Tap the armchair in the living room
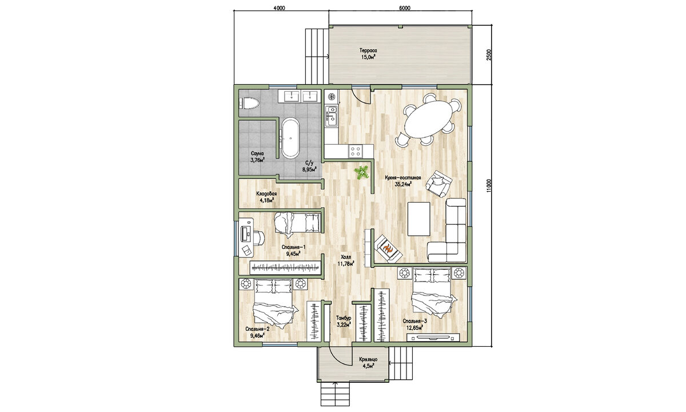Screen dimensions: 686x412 click(x=439, y=183)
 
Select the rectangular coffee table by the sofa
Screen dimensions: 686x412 click(x=418, y=219)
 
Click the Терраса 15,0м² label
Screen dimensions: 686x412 click(x=368, y=53)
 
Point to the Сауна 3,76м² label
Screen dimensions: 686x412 click(x=257, y=157)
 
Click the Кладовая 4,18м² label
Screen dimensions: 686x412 click(x=266, y=197)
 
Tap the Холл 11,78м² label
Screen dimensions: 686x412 click(x=346, y=260)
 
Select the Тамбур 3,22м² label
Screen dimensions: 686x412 click(x=344, y=322)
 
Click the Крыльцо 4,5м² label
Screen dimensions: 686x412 click(x=368, y=362)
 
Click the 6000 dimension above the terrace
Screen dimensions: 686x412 click(x=405, y=8)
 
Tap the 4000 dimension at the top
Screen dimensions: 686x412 click(x=279, y=8)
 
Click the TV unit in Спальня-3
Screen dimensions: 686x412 click(x=433, y=338)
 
